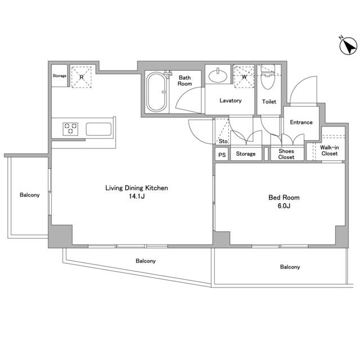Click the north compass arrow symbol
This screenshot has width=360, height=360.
pyautogui.click(x=348, y=46)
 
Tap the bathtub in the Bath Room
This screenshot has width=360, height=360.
pyautogui.click(x=156, y=92)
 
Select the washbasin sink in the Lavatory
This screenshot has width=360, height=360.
pyautogui.click(x=218, y=75)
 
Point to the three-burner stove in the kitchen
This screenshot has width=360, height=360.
pyautogui.click(x=70, y=129)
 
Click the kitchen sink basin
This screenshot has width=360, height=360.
pyautogui.click(x=99, y=129)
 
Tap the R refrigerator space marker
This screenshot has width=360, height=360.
pyautogui.click(x=81, y=77)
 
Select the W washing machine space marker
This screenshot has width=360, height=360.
pyautogui.click(x=244, y=76)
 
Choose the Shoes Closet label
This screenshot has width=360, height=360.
pyautogui.click(x=286, y=154)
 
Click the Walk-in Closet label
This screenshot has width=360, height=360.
pyautogui.click(x=330, y=150)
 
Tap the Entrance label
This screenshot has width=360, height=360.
pyautogui.click(x=301, y=122)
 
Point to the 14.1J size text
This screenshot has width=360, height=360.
pyautogui.click(x=137, y=196)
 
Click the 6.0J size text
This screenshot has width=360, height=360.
pyautogui.click(x=284, y=206)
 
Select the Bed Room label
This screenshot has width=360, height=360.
pyautogui.click(x=284, y=197)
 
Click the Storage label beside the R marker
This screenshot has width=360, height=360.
pyautogui.click(x=60, y=75)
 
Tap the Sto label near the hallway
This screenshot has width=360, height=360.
pyautogui.click(x=223, y=141)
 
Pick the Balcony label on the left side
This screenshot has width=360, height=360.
pyautogui.click(x=30, y=195)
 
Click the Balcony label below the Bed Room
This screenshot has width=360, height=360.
pyautogui.click(x=290, y=267)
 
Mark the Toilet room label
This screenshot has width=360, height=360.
pyautogui.click(x=269, y=101)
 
